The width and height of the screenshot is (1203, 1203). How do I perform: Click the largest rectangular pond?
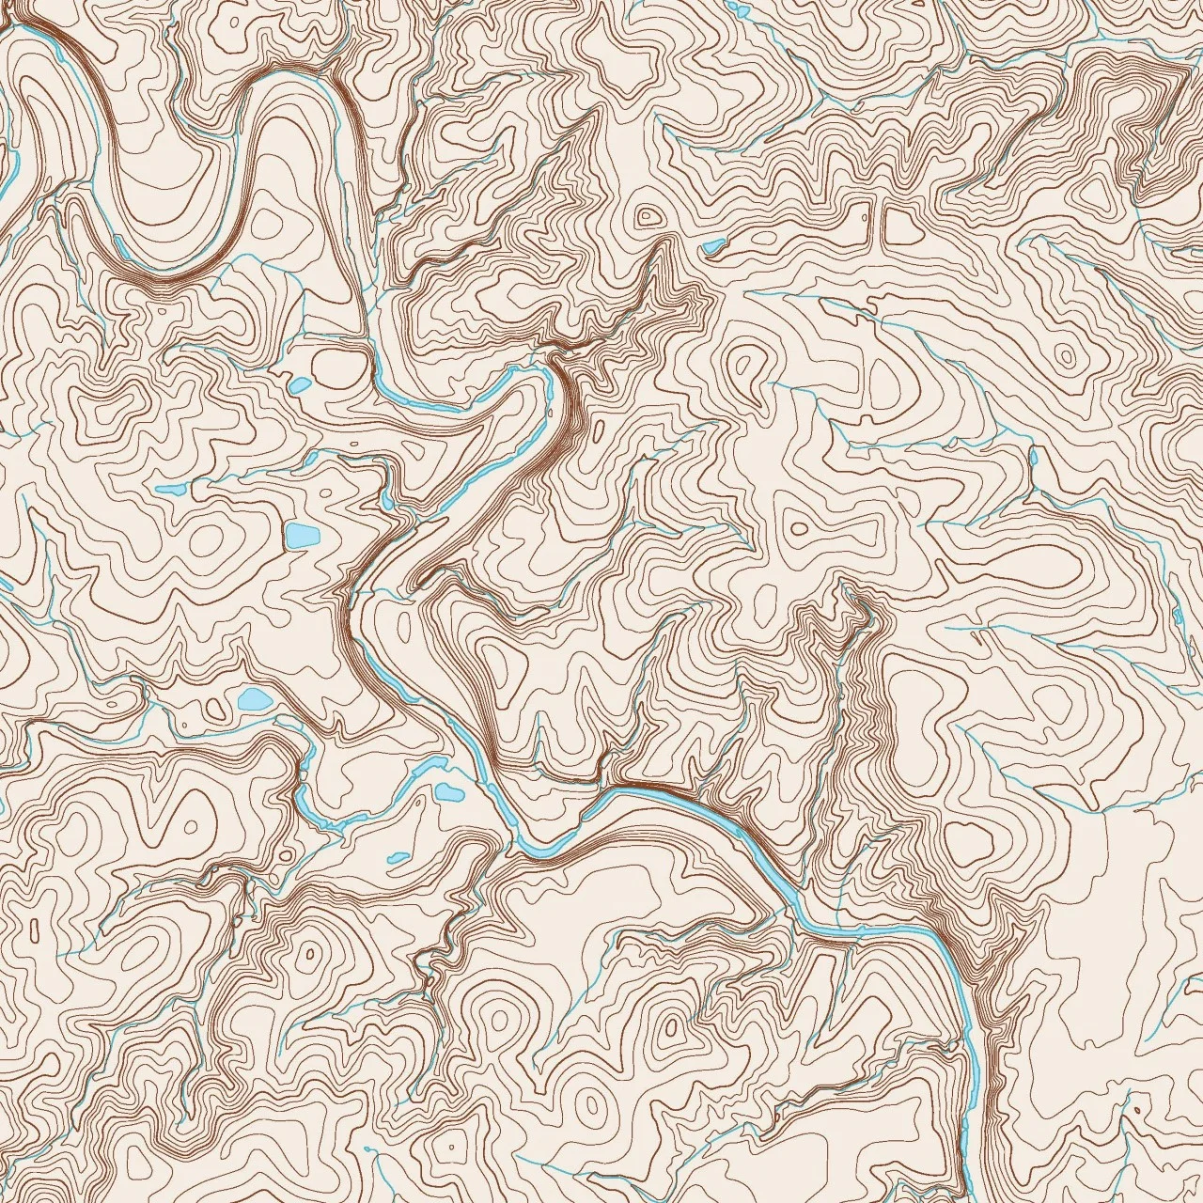pos(302,537)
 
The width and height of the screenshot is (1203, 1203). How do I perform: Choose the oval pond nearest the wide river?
pos(446,792)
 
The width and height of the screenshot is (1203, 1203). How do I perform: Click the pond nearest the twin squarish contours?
pos(713,247)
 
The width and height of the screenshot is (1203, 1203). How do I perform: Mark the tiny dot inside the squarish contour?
pos(864,217)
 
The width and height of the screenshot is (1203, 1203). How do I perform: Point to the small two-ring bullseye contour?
pos(647,217)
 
